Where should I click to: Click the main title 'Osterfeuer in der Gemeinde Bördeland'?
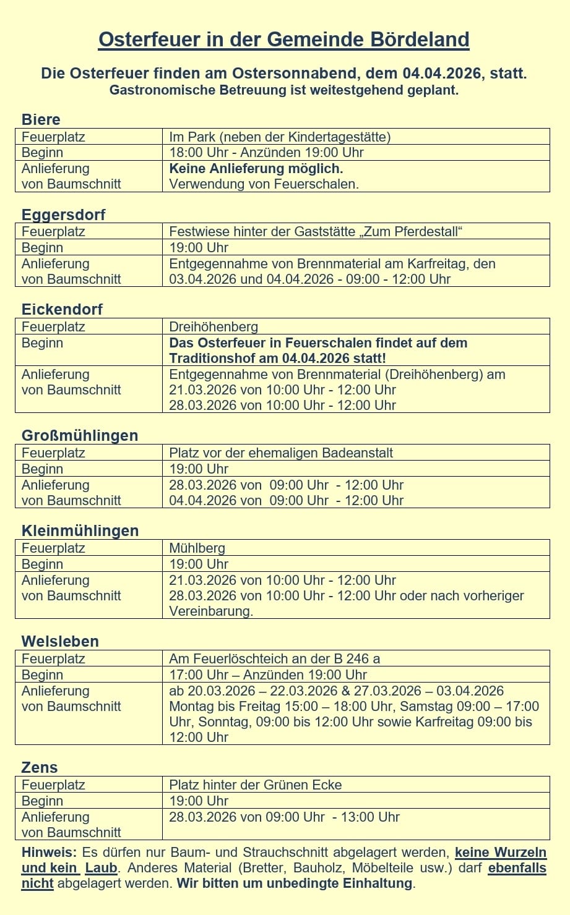coord(284,40)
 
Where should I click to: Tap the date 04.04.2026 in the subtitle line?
coord(441,74)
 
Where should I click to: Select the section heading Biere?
coord(41,119)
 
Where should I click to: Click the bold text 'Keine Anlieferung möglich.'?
coord(256,168)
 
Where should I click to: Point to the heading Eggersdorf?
coord(63,215)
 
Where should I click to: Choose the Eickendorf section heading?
coord(62,309)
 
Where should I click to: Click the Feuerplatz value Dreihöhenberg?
coord(214,326)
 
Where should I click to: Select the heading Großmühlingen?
coord(79,435)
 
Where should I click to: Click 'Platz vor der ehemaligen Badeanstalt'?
coord(281,453)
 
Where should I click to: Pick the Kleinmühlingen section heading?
coord(80,530)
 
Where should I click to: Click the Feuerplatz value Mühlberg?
coord(197,548)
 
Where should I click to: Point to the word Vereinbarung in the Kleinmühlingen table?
coord(210,611)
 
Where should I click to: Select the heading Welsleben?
coord(60,641)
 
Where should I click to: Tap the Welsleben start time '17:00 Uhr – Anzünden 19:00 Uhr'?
coord(268,675)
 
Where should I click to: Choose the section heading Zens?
coord(39,767)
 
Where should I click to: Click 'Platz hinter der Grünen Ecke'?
coord(255,785)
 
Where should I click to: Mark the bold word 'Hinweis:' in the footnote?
coord(49,852)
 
